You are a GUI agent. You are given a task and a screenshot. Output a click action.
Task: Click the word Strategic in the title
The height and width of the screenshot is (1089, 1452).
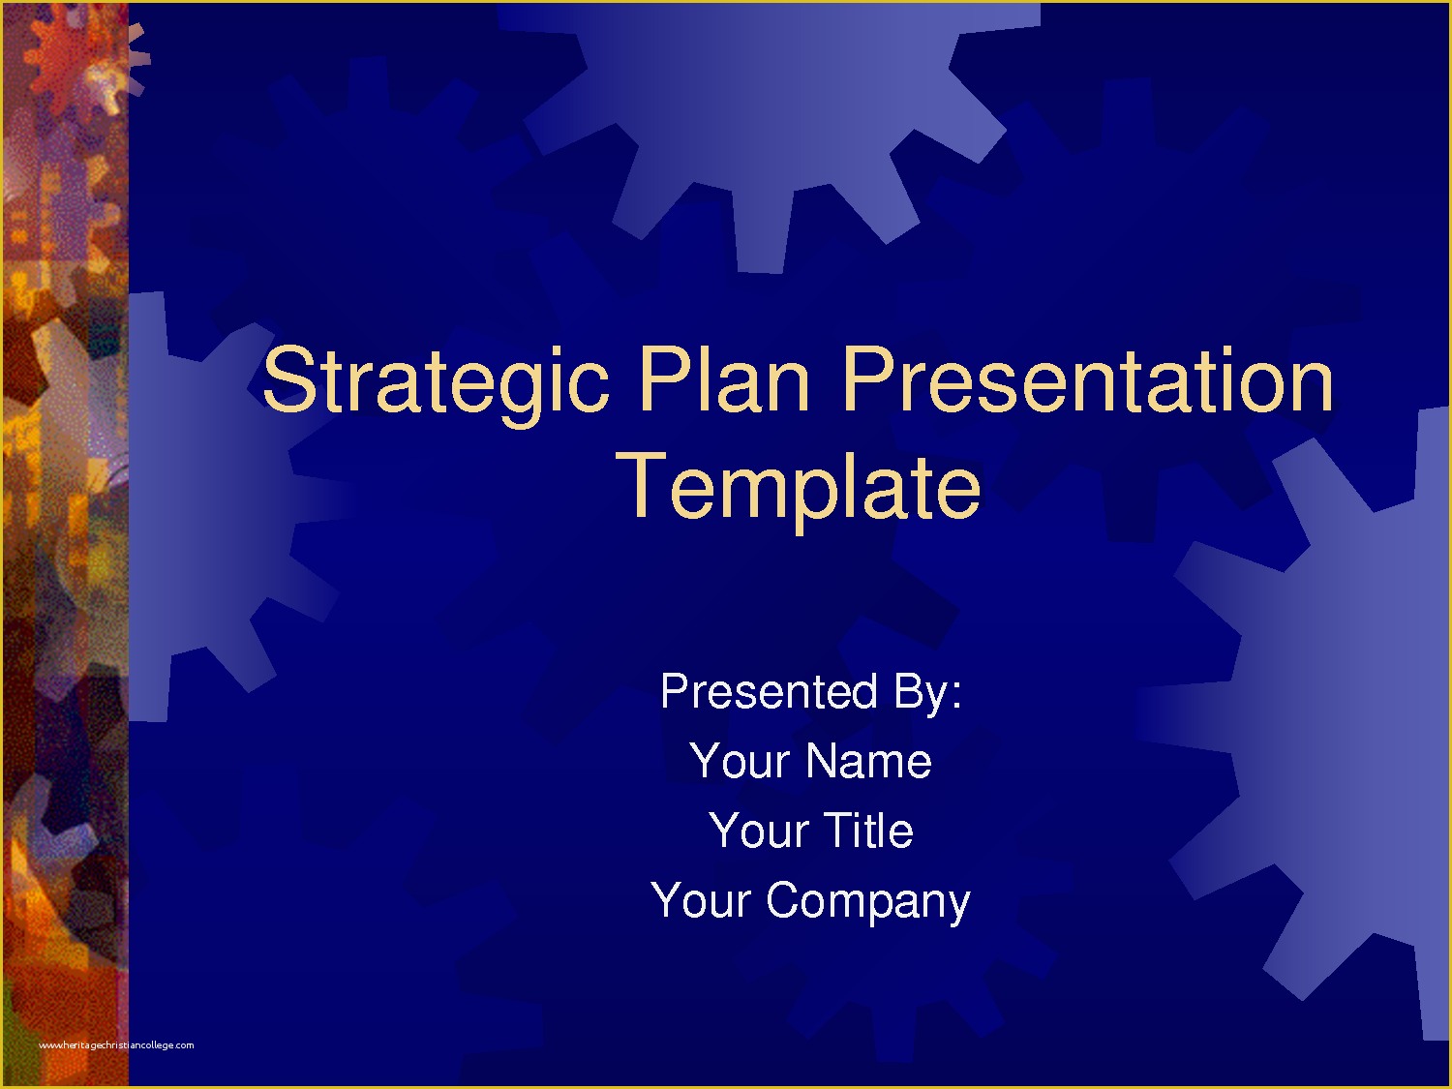(436, 381)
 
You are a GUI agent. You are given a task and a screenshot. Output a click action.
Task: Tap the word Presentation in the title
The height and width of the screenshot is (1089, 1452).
(1087, 381)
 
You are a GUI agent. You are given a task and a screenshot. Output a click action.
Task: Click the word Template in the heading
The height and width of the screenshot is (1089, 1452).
(799, 487)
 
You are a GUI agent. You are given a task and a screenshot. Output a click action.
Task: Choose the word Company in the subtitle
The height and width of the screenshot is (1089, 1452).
(867, 902)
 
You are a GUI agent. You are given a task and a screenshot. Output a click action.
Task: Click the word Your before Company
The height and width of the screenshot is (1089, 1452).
(701, 901)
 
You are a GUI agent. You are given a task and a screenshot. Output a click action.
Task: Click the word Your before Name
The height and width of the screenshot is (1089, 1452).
(740, 762)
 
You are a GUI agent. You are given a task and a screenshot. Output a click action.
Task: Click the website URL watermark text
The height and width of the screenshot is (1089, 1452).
(116, 1045)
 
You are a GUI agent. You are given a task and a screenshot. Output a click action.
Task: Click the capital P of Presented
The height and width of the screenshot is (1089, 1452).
(676, 692)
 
